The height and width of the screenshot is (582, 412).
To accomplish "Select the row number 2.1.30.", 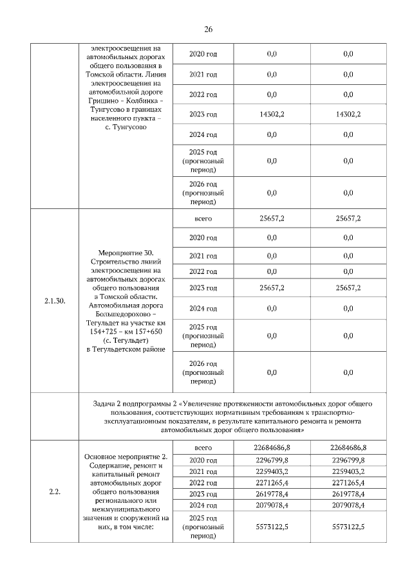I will tap(55, 300).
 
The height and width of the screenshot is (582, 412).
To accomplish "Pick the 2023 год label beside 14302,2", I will tap(203, 114).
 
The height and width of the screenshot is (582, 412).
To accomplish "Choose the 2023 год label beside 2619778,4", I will tap(203, 494).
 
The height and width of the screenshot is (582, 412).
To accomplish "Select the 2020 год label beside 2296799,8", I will tap(203, 459).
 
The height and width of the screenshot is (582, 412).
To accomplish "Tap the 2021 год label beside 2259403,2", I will tap(203, 471).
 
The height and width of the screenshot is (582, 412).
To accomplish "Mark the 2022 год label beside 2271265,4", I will tap(203, 482).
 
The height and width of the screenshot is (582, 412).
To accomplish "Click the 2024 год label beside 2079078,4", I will tap(203, 505).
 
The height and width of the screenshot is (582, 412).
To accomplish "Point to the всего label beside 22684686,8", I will tap(203, 447).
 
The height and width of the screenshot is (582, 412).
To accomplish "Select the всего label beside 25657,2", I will tap(203, 218).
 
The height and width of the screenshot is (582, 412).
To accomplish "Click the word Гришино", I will tap(100, 101).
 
